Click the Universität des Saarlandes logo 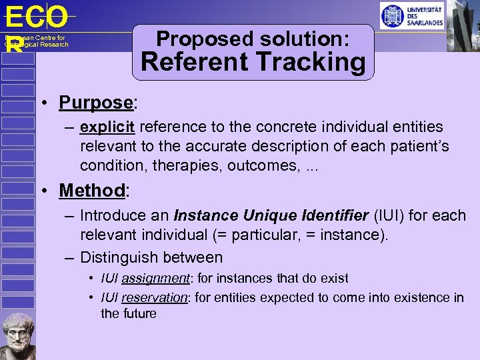411,15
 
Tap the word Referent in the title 193,63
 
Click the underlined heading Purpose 96,103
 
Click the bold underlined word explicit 107,127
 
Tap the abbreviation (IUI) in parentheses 390,215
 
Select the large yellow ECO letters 37,16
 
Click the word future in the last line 139,313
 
